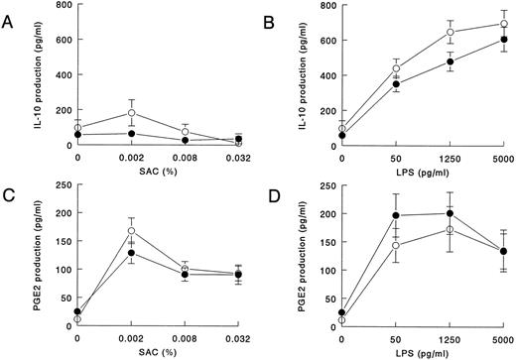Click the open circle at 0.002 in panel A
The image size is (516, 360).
point(131,113)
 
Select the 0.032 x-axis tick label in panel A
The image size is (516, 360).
point(239,157)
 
